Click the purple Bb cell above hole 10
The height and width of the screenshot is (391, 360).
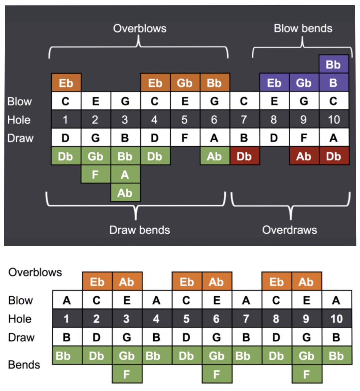pyautogui.click(x=333, y=64)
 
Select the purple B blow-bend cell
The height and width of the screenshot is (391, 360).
pyautogui.click(x=333, y=83)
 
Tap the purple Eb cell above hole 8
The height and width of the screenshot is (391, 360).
pyautogui.click(x=274, y=83)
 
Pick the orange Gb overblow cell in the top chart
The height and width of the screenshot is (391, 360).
pyautogui.click(x=185, y=83)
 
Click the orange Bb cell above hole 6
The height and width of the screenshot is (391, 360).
pyautogui.click(x=214, y=83)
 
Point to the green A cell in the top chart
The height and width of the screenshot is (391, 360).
pyautogui.click(x=125, y=175)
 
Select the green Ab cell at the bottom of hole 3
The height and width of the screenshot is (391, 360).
pyautogui.click(x=125, y=193)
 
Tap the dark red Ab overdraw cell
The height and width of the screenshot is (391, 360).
pyautogui.click(x=304, y=156)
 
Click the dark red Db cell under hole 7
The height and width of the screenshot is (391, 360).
pyautogui.click(x=244, y=156)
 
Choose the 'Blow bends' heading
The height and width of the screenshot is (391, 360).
pyautogui.click(x=303, y=28)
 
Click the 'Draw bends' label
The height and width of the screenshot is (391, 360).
pyautogui.click(x=139, y=230)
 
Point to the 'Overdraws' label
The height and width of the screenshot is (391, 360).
pyautogui.click(x=290, y=230)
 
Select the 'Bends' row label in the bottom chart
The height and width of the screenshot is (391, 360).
pyautogui.click(x=24, y=365)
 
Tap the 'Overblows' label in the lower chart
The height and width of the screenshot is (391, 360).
pyautogui.click(x=35, y=272)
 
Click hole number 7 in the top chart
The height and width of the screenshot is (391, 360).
pyautogui.click(x=244, y=120)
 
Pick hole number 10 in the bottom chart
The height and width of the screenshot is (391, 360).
pyautogui.click(x=336, y=319)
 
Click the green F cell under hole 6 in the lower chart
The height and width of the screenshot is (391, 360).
pyautogui.click(x=217, y=374)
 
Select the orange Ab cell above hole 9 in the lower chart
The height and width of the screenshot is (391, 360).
pyautogui.click(x=306, y=282)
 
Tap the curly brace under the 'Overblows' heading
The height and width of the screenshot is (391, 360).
pyautogui.click(x=139, y=48)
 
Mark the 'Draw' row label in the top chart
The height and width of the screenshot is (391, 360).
pyautogui.click(x=20, y=138)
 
